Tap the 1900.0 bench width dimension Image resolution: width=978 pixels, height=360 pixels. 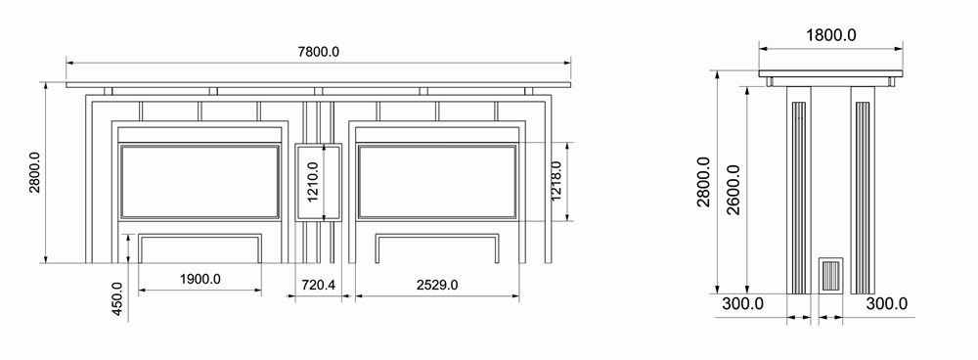coord(200,280)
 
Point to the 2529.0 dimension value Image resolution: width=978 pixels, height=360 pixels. coord(437,285)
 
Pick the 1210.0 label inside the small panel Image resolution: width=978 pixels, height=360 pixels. coord(313,181)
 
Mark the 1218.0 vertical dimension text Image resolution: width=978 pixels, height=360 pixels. coord(556,181)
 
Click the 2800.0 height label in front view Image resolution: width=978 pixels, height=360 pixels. coord(34,173)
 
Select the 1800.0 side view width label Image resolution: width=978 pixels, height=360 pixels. coord(830,35)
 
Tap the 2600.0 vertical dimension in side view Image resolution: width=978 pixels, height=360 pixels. coord(733,190)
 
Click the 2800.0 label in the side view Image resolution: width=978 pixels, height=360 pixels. coord(703,181)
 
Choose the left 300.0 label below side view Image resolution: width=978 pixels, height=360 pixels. coord(743,304)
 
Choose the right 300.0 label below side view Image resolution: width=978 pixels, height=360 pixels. coord(887,304)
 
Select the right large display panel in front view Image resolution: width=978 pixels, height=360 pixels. coord(437,181)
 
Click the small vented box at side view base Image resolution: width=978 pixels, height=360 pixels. coord(831,275)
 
